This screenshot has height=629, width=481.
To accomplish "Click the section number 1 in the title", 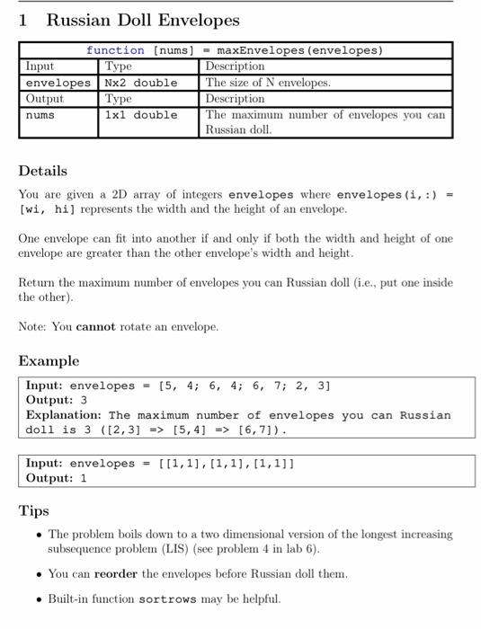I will pyautogui.click(x=23, y=20).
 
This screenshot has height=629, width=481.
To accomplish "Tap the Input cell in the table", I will pyautogui.click(x=40, y=66).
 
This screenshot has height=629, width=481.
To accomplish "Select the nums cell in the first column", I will pyautogui.click(x=40, y=115).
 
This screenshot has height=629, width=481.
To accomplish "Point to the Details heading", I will pyautogui.click(x=42, y=171).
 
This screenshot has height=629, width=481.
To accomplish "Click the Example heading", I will pyautogui.click(x=49, y=360).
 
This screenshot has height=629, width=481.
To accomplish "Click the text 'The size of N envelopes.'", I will pyautogui.click(x=268, y=83).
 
